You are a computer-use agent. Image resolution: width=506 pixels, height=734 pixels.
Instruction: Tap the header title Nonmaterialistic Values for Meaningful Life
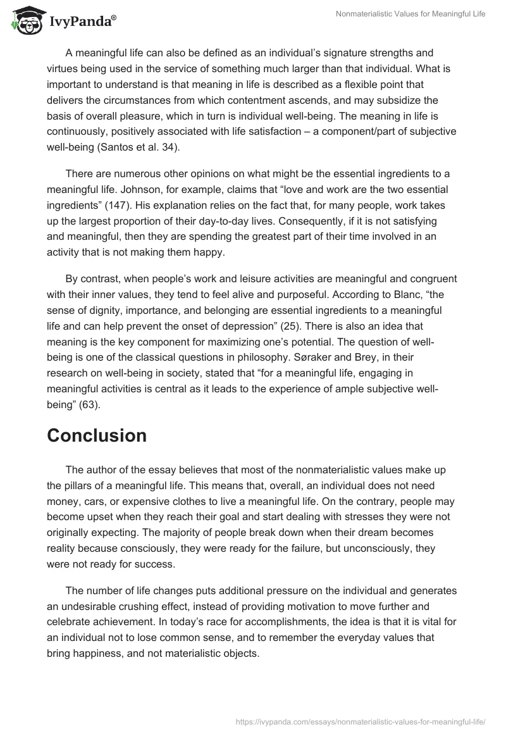(x=411, y=15)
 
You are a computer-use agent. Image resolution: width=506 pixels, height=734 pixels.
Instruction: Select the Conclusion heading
(x=97, y=435)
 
